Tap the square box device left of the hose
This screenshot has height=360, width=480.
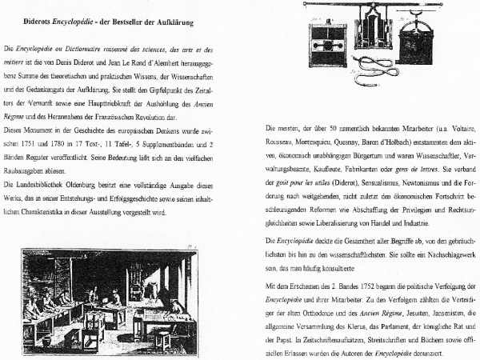324,43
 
